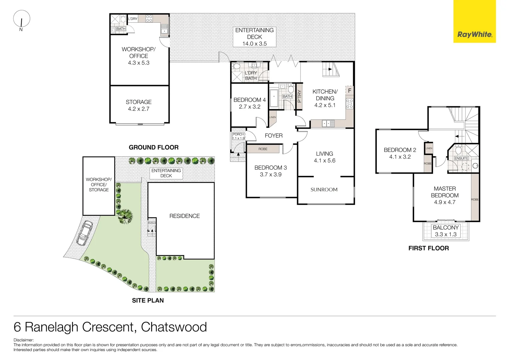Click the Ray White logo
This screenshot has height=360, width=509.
click(x=474, y=34)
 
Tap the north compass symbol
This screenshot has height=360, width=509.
click(x=22, y=19)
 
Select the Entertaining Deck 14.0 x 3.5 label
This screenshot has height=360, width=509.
click(x=254, y=37)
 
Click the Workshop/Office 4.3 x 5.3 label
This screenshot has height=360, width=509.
click(x=139, y=56)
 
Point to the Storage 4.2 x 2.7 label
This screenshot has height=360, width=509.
click(x=139, y=105)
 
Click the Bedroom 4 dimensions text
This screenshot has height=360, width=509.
click(x=250, y=107)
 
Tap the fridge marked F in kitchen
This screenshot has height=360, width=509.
click(x=349, y=90)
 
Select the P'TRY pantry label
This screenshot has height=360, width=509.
click(x=299, y=96)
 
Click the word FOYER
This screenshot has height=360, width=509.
click(x=273, y=136)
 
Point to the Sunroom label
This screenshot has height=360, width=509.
click(x=324, y=190)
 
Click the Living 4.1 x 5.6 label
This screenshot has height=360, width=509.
click(x=324, y=157)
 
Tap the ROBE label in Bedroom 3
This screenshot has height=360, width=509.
click(x=263, y=149)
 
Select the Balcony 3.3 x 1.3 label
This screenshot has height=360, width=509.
click(x=446, y=231)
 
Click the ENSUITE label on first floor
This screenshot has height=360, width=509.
click(x=461, y=158)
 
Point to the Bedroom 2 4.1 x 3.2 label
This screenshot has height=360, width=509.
click(x=400, y=153)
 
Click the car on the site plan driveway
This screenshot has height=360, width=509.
click(x=85, y=233)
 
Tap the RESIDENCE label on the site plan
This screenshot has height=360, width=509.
click(x=185, y=216)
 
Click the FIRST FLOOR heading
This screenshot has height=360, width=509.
click(x=428, y=248)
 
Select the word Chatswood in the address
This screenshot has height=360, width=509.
click(x=174, y=327)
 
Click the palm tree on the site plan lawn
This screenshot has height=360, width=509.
click(x=126, y=216)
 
